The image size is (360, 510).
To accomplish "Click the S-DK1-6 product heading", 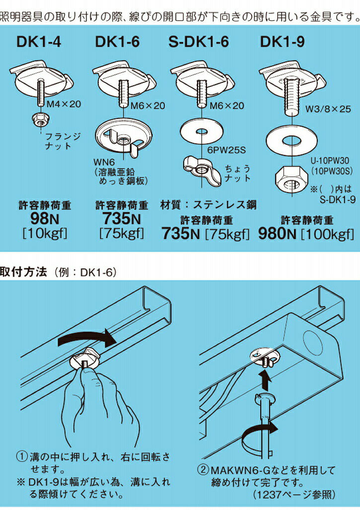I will (x=198, y=42).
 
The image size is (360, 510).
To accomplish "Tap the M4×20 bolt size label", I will (x=64, y=105).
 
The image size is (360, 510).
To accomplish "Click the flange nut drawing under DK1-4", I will (x=39, y=119).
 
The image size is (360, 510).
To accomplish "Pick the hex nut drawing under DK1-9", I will (x=291, y=177).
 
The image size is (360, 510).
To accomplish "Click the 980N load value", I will (x=279, y=234).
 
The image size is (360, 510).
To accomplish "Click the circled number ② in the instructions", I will (x=204, y=469).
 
